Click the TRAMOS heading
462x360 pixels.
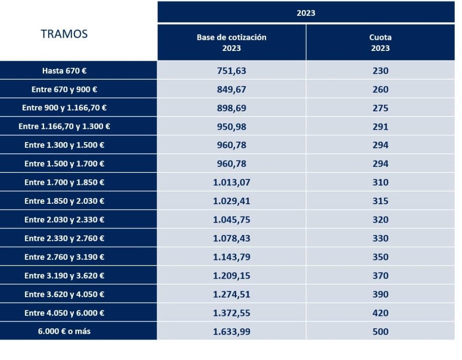(64, 34)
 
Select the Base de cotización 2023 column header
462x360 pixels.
(231, 42)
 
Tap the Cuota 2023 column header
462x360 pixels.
(380, 42)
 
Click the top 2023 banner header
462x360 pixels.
(306, 13)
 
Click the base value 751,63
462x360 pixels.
(231, 71)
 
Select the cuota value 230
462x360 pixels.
(380, 71)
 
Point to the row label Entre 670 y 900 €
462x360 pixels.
(64, 89)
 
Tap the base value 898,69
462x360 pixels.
(231, 108)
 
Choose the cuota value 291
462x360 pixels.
(380, 127)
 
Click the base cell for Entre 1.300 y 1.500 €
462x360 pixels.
(231, 145)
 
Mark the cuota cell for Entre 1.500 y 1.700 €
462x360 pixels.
(380, 164)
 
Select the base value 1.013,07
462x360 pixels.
(231, 182)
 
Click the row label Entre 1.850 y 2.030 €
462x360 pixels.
(64, 201)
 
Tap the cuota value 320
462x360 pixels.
(380, 220)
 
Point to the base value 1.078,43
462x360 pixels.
(231, 238)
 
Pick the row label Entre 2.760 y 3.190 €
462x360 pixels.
(64, 257)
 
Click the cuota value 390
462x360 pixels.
(380, 294)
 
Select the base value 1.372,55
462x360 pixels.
(231, 313)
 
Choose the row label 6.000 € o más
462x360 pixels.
(64, 331)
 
